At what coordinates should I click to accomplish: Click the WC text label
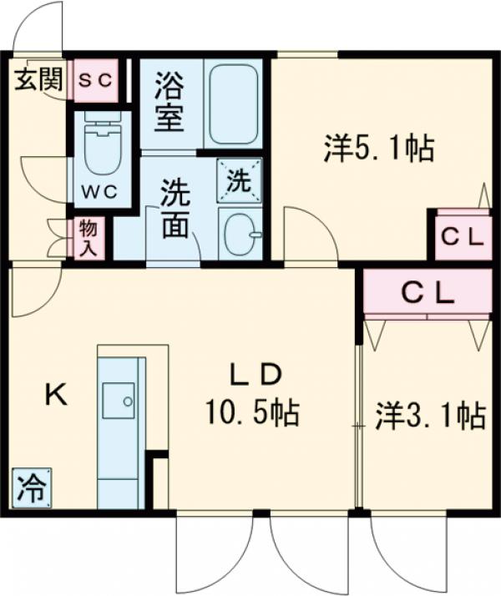(x=99, y=189)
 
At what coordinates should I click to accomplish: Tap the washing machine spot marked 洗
(x=240, y=180)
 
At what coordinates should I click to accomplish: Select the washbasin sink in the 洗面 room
(x=240, y=233)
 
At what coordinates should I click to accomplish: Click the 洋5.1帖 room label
(x=377, y=149)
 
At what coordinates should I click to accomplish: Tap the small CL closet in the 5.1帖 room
(x=463, y=236)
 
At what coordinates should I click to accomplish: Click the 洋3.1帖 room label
(x=429, y=415)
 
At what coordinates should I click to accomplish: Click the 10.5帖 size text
(x=253, y=412)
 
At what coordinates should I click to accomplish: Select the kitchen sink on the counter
(x=119, y=402)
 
